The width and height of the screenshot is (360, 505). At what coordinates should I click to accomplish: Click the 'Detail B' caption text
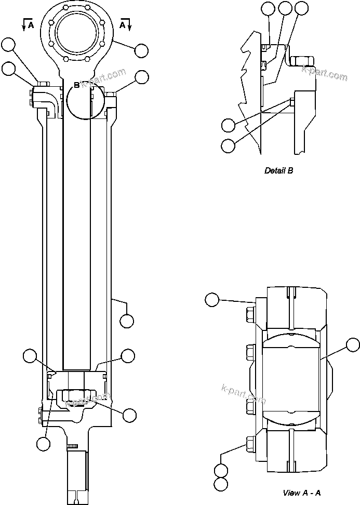(x=278, y=170)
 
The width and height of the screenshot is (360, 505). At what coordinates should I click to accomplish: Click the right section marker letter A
(x=123, y=24)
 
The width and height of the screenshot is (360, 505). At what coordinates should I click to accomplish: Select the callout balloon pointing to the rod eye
(x=141, y=51)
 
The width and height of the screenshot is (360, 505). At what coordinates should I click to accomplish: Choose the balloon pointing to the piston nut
(x=129, y=415)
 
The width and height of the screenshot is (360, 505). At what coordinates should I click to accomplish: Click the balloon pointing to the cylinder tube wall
(x=127, y=321)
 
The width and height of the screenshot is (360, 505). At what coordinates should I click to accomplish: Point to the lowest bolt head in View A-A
(x=249, y=443)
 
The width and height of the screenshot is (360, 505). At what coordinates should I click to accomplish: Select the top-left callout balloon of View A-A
(x=212, y=299)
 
